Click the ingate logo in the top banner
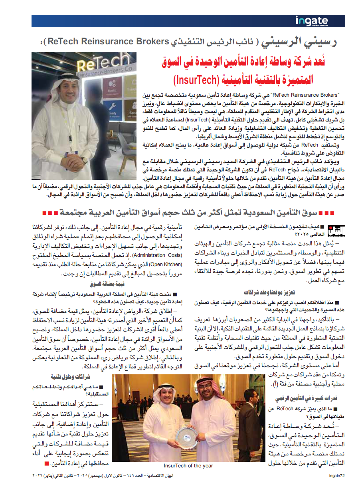(x=311, y=21)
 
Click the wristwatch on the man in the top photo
(x=85, y=160)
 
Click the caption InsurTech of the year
(x=188, y=466)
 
